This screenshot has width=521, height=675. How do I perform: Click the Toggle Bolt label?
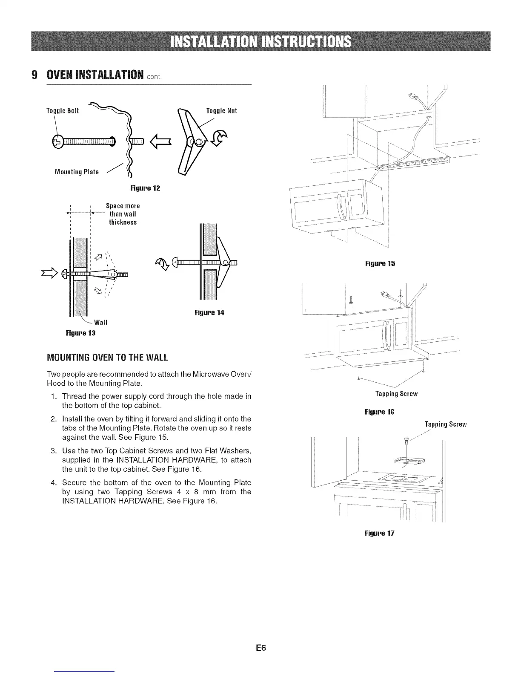tap(62, 111)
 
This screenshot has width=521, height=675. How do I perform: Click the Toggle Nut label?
tap(221, 111)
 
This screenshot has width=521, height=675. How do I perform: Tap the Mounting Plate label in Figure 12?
tap(77, 172)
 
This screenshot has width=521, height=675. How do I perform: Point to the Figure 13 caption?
tap(80, 333)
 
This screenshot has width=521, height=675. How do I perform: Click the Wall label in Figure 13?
tap(100, 323)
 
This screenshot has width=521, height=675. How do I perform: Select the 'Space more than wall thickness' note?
tap(123, 214)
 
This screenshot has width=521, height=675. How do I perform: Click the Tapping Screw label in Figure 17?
tap(446, 424)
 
